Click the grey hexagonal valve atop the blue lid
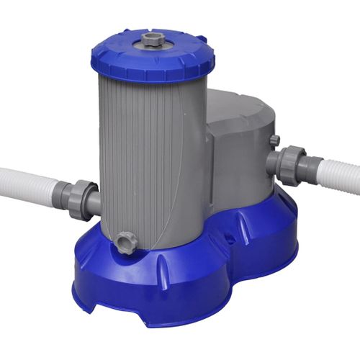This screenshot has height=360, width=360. pos(151,38)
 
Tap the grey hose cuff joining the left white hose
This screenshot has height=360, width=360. pos(63,193)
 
